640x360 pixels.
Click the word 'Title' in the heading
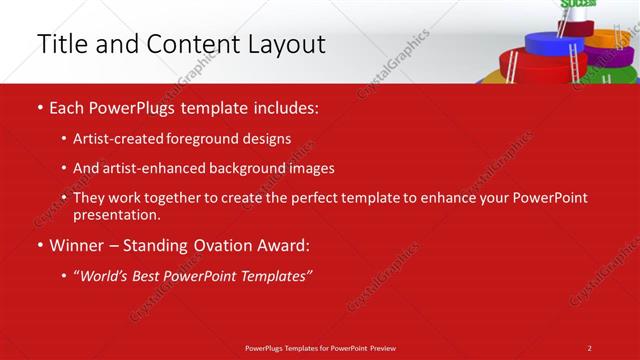[59, 44]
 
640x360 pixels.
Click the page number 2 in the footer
[589, 347]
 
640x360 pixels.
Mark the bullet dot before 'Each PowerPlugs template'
[39, 107]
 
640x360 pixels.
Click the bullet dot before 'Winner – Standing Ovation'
[39, 245]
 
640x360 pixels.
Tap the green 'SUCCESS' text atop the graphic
[577, 4]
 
